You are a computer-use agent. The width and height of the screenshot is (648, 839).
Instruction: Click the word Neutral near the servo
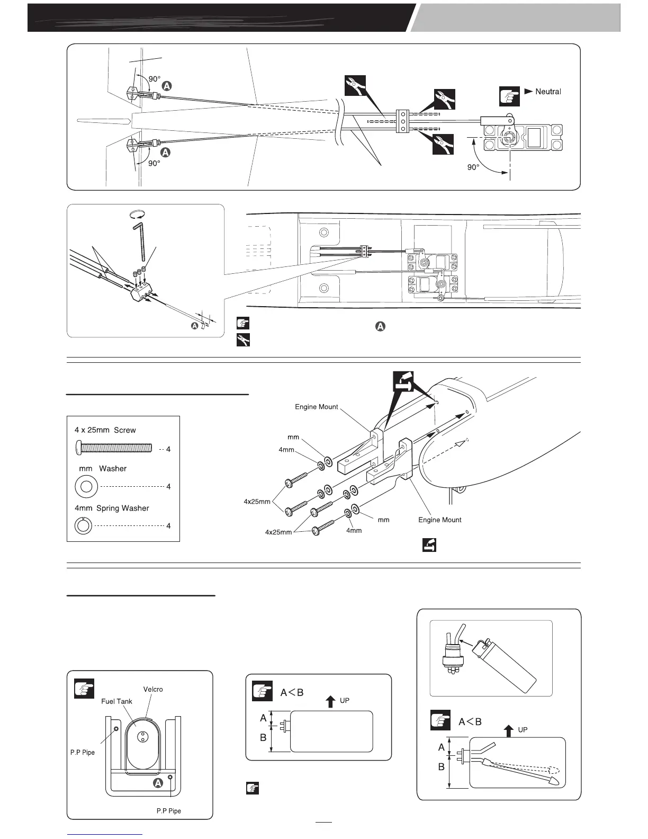point(547,92)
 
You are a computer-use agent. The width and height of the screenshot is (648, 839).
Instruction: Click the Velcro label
point(153,689)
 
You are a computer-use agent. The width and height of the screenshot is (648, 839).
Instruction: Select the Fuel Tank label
point(117,701)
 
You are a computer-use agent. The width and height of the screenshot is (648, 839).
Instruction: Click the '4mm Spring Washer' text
point(112,508)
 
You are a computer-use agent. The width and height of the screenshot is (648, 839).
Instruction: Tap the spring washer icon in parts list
point(84,526)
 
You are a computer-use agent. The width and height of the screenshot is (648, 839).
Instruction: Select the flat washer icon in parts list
point(86,486)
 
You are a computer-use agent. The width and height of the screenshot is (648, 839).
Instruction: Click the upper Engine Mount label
point(316,407)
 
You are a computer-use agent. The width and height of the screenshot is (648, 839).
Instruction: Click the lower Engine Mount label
point(439,520)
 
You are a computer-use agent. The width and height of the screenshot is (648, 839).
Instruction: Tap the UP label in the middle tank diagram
point(344,700)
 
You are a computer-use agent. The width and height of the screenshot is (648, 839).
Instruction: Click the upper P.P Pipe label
point(83,752)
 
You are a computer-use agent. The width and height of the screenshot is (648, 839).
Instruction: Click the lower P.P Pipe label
point(169,811)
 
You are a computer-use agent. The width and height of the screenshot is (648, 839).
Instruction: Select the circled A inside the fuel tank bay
point(157,784)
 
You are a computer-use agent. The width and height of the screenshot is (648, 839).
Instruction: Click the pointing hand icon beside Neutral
point(509,96)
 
